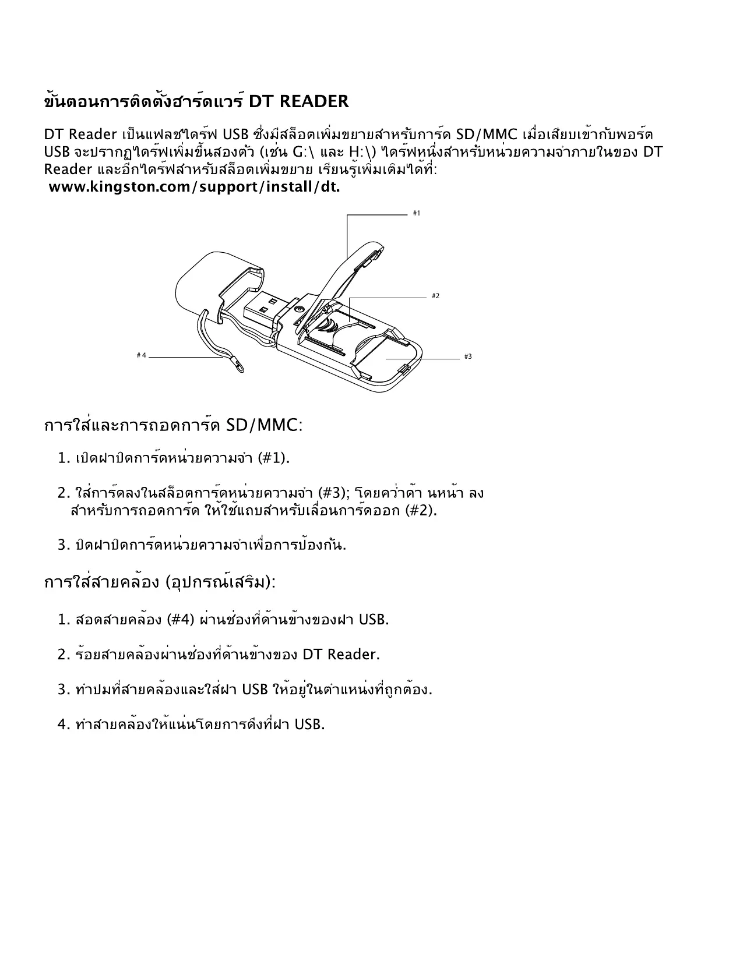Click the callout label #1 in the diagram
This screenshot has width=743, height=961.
[x=416, y=213]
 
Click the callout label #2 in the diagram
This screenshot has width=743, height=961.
[x=435, y=296]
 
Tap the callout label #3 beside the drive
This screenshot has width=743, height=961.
[x=468, y=356]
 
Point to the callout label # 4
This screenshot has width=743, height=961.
[x=141, y=355]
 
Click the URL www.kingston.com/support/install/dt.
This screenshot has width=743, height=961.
[x=194, y=188]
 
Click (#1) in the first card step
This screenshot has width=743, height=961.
[x=273, y=458]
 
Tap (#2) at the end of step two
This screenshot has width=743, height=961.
[x=421, y=511]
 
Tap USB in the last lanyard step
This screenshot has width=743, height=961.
[x=309, y=725]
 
